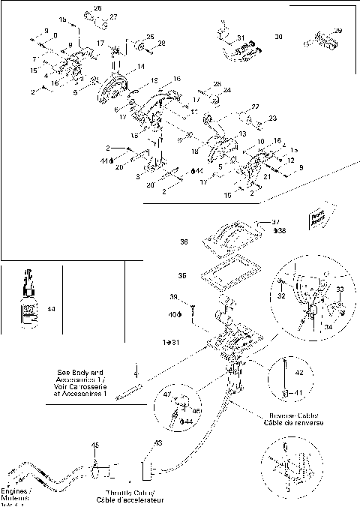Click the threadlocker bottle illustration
click(x=27, y=304)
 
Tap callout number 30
click(x=278, y=36)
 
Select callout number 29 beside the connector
click(x=337, y=30)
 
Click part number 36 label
click(x=184, y=242)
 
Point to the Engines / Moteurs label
click(x=16, y=495)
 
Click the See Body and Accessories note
click(x=84, y=382)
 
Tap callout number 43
click(x=157, y=443)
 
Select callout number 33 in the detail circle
click(x=339, y=289)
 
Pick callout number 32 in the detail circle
click(x=282, y=297)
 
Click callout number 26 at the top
click(x=97, y=7)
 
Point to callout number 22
click(x=255, y=106)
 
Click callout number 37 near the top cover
click(x=276, y=222)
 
